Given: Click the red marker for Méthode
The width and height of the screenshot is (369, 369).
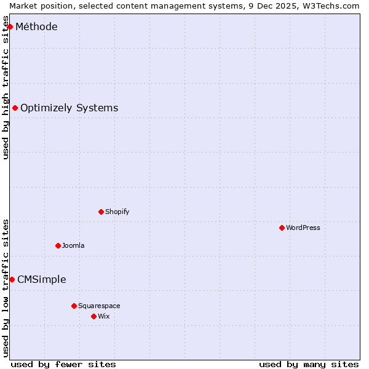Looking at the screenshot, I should point(10,26).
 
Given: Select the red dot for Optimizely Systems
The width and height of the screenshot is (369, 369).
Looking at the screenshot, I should point(15,108).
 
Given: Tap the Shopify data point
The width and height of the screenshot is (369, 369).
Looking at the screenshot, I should point(101,212).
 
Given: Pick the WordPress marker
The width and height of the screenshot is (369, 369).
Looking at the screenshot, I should point(282,228).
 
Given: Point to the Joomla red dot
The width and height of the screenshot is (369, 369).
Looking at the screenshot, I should point(58,245).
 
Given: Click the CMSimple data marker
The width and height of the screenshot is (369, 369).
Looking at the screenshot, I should point(12,279).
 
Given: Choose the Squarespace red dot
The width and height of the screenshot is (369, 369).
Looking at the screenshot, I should point(74,306).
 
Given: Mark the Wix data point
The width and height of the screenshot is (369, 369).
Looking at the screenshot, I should point(93,316).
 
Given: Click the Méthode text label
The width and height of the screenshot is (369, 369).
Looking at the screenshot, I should point(36,26).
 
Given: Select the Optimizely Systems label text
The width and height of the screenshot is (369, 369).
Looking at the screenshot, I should point(69,108).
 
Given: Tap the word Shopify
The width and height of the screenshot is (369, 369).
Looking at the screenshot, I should point(117,212).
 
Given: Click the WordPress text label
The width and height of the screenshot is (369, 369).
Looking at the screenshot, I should point(303,228).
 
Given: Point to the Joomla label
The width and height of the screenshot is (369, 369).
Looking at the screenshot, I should point(73,245).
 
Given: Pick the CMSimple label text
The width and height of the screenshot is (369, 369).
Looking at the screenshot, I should point(41,279).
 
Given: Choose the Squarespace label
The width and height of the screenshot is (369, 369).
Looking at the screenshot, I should point(99,306).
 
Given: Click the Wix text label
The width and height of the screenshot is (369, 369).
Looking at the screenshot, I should point(103,316).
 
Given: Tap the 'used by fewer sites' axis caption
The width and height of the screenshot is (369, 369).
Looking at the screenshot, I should point(63,364).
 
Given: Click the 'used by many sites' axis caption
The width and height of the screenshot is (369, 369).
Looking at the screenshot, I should point(309,364).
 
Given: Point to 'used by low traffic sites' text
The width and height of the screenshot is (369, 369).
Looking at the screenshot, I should point(6,288).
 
